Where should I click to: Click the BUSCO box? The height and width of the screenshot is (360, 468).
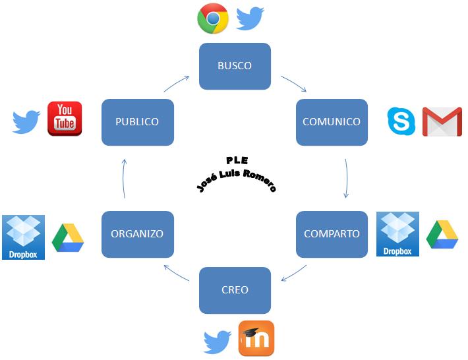[235, 66]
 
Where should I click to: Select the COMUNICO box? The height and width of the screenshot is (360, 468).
[332, 122]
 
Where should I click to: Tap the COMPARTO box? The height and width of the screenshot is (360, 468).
[332, 234]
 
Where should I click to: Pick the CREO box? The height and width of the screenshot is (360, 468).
[235, 290]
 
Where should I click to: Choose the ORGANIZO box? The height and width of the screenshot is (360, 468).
[137, 234]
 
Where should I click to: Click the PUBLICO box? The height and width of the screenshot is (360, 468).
[137, 122]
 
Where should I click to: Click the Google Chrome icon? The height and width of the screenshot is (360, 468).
[213, 18]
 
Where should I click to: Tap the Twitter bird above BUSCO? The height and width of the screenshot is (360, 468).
[250, 18]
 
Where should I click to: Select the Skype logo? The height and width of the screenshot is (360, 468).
[401, 121]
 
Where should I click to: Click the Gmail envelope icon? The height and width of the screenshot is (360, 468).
[442, 121]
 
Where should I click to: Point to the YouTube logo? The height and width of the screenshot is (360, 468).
[65, 119]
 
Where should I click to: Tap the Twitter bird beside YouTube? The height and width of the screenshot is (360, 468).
[26, 122]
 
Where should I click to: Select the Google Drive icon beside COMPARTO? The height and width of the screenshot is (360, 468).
[442, 234]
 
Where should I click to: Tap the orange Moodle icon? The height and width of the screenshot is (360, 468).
[256, 338]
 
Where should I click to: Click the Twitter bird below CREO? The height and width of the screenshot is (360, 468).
[217, 342]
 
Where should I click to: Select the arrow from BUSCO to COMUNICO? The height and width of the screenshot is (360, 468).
[293, 84]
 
